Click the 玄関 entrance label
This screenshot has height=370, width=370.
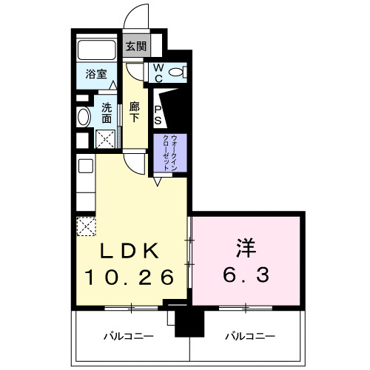click(x=135, y=47)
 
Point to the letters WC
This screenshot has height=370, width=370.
click(x=158, y=72)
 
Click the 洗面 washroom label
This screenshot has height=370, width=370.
click(x=107, y=112)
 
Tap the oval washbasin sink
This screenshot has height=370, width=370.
click(x=84, y=116)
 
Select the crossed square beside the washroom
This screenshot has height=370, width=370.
click(x=106, y=138)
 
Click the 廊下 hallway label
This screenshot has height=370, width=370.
click(x=134, y=112)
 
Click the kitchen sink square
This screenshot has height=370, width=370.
click(x=84, y=165)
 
